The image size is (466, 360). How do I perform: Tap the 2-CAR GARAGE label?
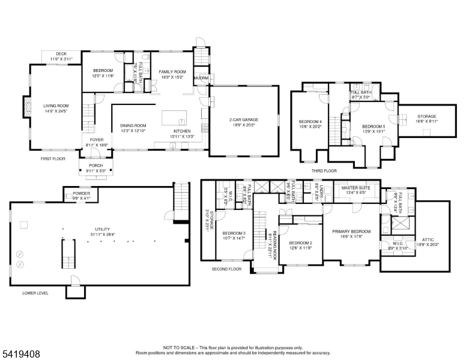coord(243,120)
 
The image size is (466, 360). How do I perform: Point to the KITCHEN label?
coord(182,130)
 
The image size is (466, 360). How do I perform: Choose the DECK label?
coord(61,53)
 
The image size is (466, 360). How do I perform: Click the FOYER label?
coord(96,140)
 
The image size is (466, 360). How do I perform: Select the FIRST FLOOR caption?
coord(53,159)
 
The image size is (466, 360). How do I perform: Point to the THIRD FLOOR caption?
coord(324,170)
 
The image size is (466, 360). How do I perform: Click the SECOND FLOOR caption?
coord(226,269)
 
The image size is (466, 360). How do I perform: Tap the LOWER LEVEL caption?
coord(35,293)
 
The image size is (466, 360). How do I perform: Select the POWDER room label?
coord(82,193)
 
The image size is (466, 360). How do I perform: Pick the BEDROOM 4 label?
coord(310,122)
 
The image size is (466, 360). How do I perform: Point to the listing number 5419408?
coord(20,355)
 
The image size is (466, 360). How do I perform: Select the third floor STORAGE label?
coord(427,116)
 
